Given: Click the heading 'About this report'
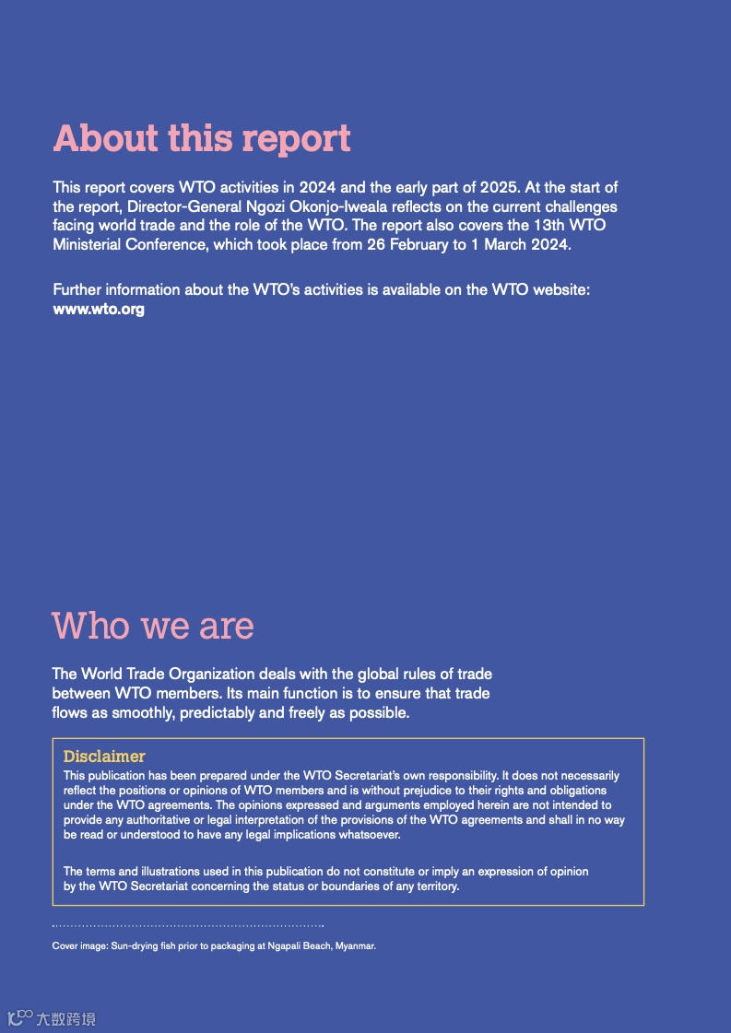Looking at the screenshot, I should click(x=202, y=138).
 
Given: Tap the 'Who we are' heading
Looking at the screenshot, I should click(x=153, y=626).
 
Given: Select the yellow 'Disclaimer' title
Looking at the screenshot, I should click(x=104, y=757).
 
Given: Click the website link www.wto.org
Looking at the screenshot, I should click(x=99, y=310).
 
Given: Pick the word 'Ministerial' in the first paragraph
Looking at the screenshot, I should click(x=91, y=244).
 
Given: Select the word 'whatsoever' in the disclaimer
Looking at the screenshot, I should click(x=367, y=835).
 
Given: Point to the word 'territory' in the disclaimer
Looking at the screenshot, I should click(x=433, y=886).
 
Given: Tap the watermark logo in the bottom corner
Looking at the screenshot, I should click(x=52, y=1018).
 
